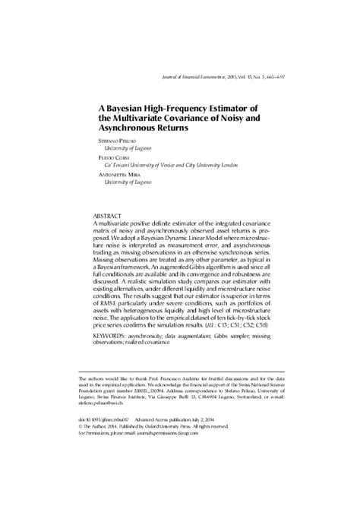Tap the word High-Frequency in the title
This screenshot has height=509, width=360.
(x=174, y=107)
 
